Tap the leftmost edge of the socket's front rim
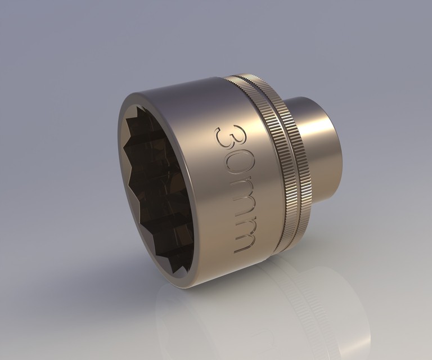pyautogui.click(x=119, y=152)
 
